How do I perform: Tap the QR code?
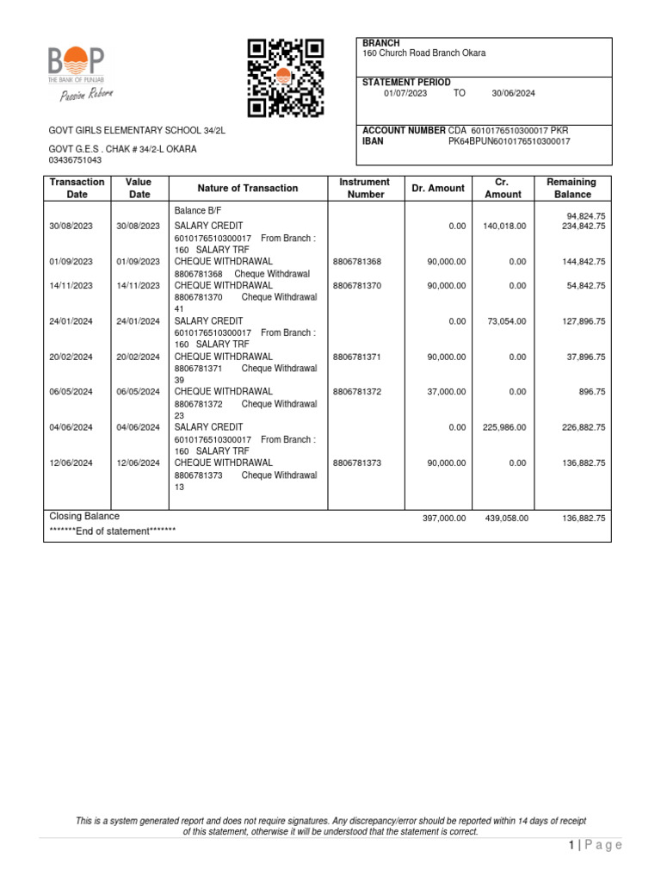coord(285,78)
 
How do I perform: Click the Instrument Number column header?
coord(364,189)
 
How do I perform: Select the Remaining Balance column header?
coord(572,189)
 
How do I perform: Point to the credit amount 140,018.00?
coord(504,226)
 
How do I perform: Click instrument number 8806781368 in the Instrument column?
coord(356,261)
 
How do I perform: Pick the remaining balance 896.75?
coord(590,392)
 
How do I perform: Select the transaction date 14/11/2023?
coord(71,285)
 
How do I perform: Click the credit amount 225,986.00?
coord(504,427)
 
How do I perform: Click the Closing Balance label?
coord(84,516)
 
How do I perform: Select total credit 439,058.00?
coord(504,519)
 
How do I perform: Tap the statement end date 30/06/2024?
coord(513,94)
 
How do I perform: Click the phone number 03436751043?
coord(76,160)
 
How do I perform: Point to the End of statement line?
coord(112,531)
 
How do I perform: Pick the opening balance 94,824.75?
coord(585,215)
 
